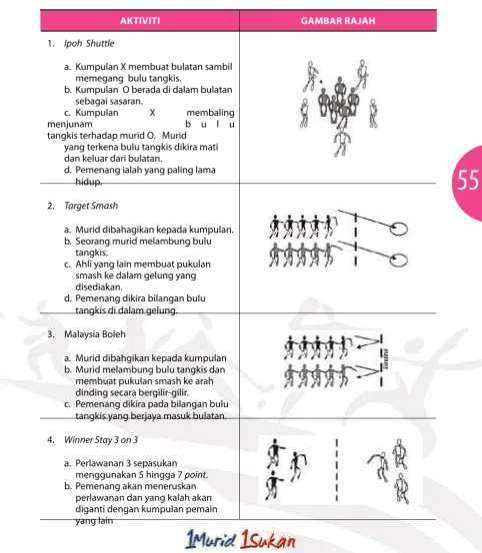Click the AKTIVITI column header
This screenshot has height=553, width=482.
(x=140, y=21)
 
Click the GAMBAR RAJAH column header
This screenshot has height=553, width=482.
(x=338, y=21)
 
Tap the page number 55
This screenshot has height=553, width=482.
(x=468, y=180)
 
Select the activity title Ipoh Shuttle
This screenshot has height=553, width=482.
(x=89, y=43)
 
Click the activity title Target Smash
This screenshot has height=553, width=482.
(x=91, y=206)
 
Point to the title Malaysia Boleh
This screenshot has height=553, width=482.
(x=95, y=334)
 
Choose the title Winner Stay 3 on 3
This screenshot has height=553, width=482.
(x=101, y=440)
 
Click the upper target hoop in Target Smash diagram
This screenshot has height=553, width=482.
(x=399, y=229)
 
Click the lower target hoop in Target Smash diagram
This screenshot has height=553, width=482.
(x=399, y=260)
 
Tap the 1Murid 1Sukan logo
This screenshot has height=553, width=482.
(x=241, y=539)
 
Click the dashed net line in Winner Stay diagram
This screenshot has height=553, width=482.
(x=337, y=469)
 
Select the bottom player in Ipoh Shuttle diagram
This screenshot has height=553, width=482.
(x=342, y=142)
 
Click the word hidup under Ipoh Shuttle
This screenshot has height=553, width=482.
(x=88, y=182)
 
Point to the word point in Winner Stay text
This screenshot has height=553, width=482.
(x=195, y=475)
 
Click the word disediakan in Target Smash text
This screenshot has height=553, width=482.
(x=99, y=286)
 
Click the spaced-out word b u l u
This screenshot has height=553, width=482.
(x=210, y=124)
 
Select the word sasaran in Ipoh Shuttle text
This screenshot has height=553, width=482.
(x=109, y=101)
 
